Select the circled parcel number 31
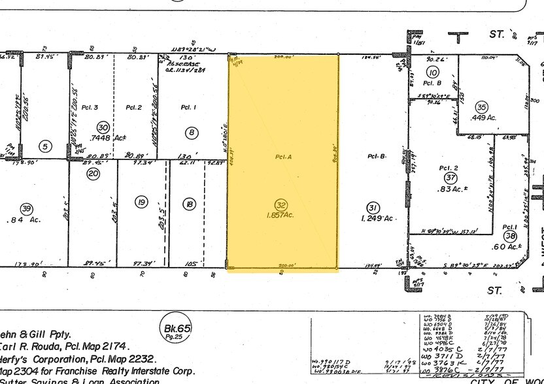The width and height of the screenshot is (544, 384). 373,206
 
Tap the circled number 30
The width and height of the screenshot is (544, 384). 103,127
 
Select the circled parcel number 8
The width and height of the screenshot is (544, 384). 192,133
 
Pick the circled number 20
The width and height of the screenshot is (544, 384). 93,173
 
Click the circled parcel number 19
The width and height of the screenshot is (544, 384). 141,202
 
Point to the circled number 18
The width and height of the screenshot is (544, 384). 189,204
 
